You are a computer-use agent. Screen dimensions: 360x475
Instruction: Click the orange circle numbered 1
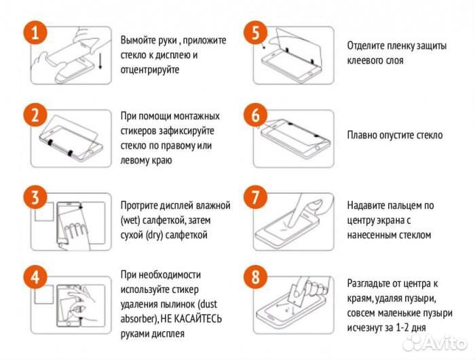(x=34, y=33)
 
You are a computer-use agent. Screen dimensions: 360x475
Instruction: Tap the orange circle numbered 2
(x=34, y=116)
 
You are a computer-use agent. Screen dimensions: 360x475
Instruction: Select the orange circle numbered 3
(x=34, y=199)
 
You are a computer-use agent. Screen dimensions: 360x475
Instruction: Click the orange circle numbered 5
(x=256, y=33)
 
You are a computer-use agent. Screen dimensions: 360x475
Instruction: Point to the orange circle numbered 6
(x=256, y=116)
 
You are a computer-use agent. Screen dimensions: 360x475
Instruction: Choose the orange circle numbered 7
(x=256, y=199)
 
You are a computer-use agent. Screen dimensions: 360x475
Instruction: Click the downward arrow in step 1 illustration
(x=100, y=62)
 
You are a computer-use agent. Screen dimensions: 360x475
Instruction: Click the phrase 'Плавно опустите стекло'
(x=394, y=135)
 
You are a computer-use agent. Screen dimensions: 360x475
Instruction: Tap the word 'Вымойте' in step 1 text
(x=140, y=40)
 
